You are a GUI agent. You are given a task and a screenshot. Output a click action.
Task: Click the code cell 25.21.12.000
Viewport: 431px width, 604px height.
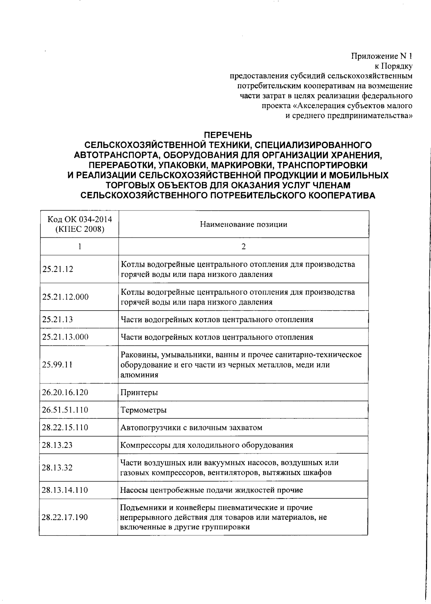tap(65, 297)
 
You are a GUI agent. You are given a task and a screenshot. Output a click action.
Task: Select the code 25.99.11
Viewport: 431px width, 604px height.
tap(57, 364)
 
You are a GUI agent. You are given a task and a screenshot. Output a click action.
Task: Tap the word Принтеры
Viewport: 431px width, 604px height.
tap(139, 392)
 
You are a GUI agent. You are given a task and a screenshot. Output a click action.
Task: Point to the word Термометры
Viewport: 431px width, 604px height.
tap(143, 410)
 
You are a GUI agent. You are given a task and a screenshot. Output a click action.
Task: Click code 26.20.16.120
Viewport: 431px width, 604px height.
tap(65, 392)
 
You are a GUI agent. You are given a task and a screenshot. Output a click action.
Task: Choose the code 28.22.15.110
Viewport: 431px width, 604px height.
tap(65, 428)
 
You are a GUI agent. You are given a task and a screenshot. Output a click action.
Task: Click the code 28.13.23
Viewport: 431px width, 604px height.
tap(57, 445)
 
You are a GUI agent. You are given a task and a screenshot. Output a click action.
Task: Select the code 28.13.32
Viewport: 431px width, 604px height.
tap(57, 468)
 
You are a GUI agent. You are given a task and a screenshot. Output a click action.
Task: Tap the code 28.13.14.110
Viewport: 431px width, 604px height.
tap(65, 490)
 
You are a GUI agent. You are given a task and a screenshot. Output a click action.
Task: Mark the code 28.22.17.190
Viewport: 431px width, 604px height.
tap(65, 517)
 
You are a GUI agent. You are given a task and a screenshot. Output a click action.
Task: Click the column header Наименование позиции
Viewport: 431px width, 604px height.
tap(244, 225)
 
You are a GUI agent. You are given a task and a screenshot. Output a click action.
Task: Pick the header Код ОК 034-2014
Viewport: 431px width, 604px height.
tap(80, 219)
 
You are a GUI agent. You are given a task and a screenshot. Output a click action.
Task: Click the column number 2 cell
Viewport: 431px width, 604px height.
tap(244, 247)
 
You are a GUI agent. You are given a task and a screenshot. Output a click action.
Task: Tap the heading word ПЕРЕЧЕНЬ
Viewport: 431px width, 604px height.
tap(228, 135)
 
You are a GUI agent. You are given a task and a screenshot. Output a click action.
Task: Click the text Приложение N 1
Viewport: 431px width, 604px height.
tap(381, 56)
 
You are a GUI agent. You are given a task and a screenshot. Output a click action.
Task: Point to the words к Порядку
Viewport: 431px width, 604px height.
tap(393, 66)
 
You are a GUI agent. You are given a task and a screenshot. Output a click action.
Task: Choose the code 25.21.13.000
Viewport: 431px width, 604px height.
tap(65, 337)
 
